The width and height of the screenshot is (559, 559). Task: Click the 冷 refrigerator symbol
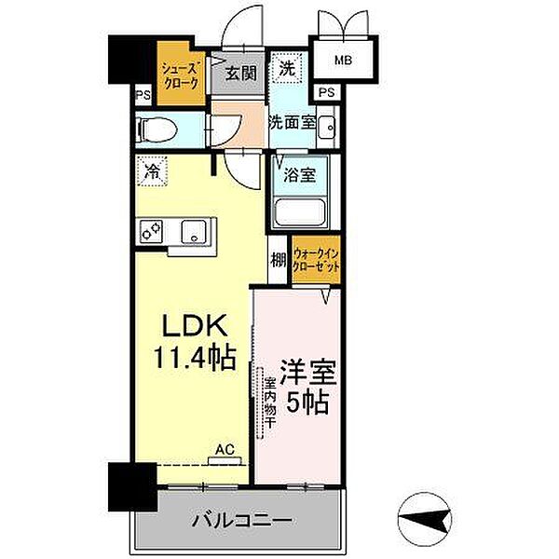(151, 170)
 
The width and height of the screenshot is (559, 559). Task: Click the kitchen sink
(197, 230)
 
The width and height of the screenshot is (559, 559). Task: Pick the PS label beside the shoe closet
(143, 94)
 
